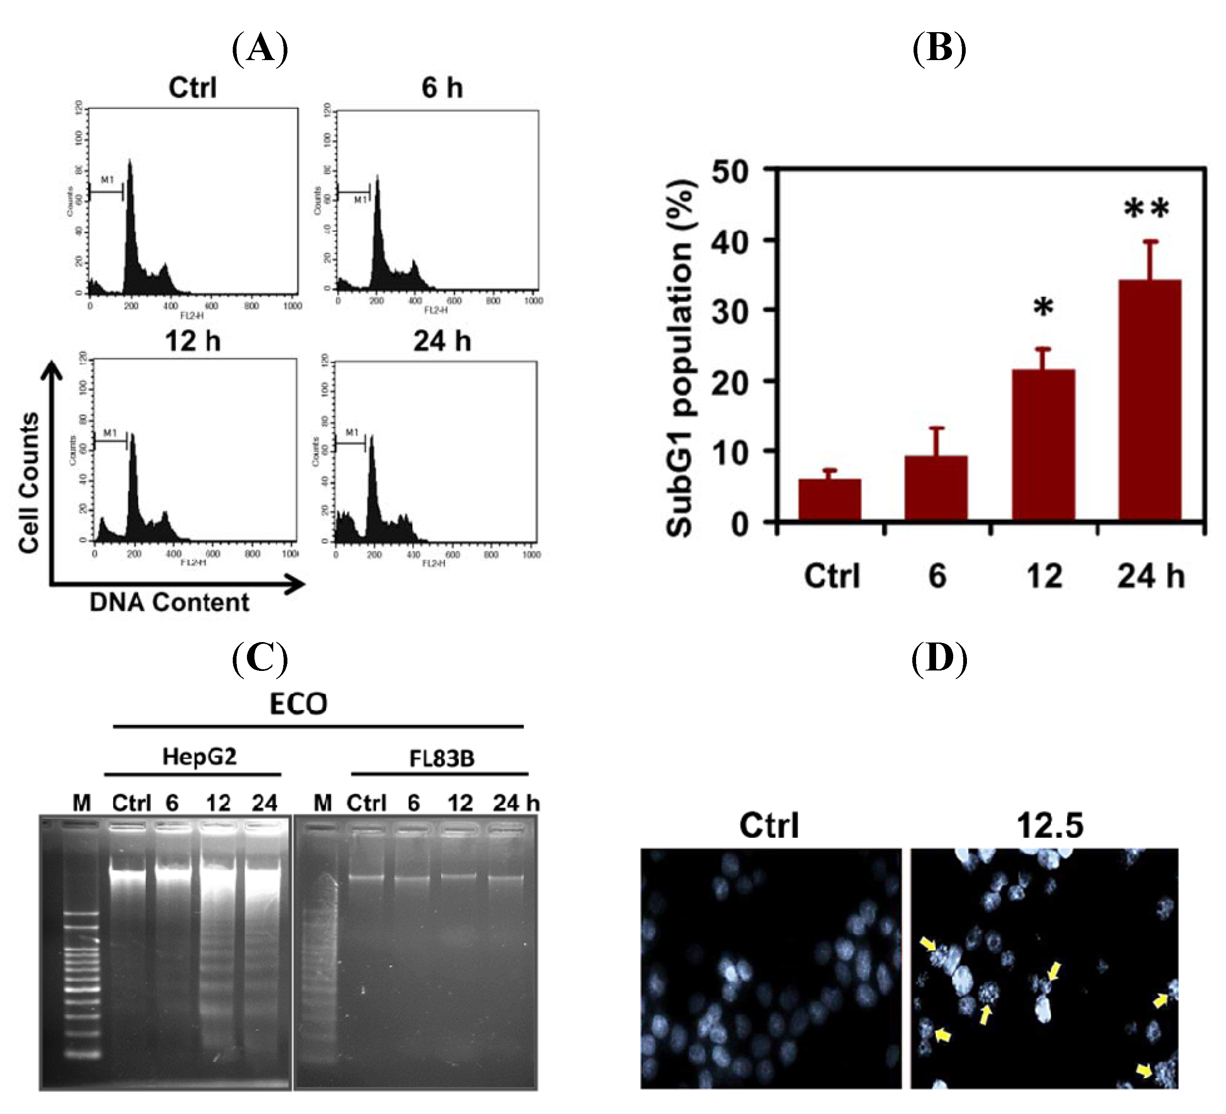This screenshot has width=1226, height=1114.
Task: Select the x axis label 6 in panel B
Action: (937, 575)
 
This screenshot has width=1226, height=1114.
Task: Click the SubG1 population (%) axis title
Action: (680, 359)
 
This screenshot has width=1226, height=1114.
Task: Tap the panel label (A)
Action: (260, 49)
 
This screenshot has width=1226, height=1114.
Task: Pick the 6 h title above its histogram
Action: (442, 88)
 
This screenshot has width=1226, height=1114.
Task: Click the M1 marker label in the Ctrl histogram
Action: (107, 180)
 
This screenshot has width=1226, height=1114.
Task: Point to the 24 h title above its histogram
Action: (442, 341)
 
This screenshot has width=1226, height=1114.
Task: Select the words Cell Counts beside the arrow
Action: (29, 482)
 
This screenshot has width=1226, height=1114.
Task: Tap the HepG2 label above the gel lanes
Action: (199, 757)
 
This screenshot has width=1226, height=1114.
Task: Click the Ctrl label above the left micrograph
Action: (769, 826)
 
